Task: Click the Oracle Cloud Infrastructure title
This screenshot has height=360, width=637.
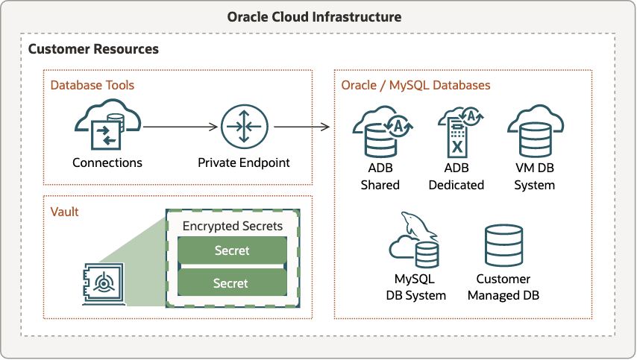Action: (318, 16)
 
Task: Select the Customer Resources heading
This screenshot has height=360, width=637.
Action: (93, 49)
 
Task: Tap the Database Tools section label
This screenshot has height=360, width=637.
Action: (92, 85)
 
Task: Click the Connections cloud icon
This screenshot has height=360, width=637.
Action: (107, 126)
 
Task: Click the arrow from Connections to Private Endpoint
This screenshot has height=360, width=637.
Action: (180, 126)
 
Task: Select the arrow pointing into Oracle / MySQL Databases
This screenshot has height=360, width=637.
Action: (301, 126)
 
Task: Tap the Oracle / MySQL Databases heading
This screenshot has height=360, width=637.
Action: (415, 85)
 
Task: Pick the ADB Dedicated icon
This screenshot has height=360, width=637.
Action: (456, 130)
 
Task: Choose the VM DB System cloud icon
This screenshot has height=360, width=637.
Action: (534, 130)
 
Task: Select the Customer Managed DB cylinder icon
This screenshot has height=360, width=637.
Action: (503, 245)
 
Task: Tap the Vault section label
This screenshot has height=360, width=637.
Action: (64, 212)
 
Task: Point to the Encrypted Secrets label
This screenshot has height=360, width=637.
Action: (233, 226)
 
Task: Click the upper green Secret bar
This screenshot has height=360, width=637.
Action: (232, 251)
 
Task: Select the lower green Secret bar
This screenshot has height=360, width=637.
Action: (232, 283)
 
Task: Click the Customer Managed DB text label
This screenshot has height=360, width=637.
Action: (503, 287)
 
